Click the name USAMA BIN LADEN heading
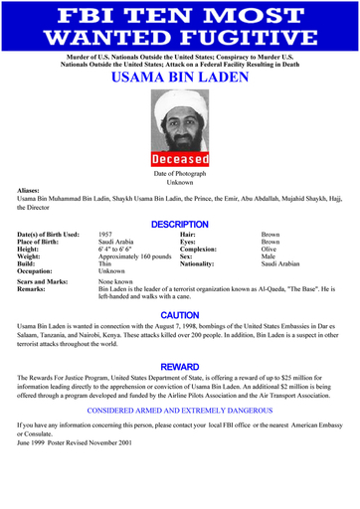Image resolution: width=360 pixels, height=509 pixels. (x=179, y=78)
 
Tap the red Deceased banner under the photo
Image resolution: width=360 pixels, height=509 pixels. (x=180, y=159)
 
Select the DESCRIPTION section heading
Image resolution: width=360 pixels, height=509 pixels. (x=179, y=225)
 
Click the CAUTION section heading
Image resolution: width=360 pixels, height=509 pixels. (x=180, y=315)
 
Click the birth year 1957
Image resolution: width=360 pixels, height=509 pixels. (x=106, y=236)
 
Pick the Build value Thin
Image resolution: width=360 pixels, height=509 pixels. (x=106, y=267)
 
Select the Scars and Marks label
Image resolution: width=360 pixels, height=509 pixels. (x=46, y=283)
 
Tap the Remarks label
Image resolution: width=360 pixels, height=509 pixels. (x=34, y=291)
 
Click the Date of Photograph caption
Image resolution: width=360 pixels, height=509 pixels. (x=180, y=174)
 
